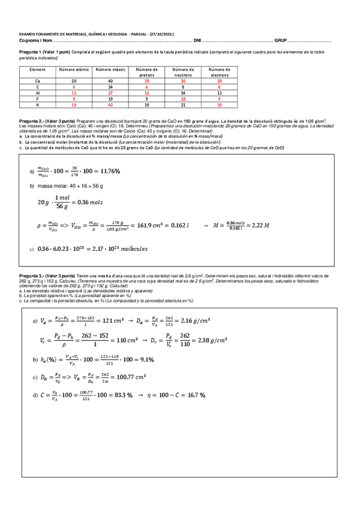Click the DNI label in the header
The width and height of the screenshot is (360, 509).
tap(197, 41)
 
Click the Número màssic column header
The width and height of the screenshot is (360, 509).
tap(110, 70)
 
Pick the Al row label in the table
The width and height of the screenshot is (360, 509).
tap(37, 93)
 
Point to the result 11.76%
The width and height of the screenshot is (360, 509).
tap(106, 172)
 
